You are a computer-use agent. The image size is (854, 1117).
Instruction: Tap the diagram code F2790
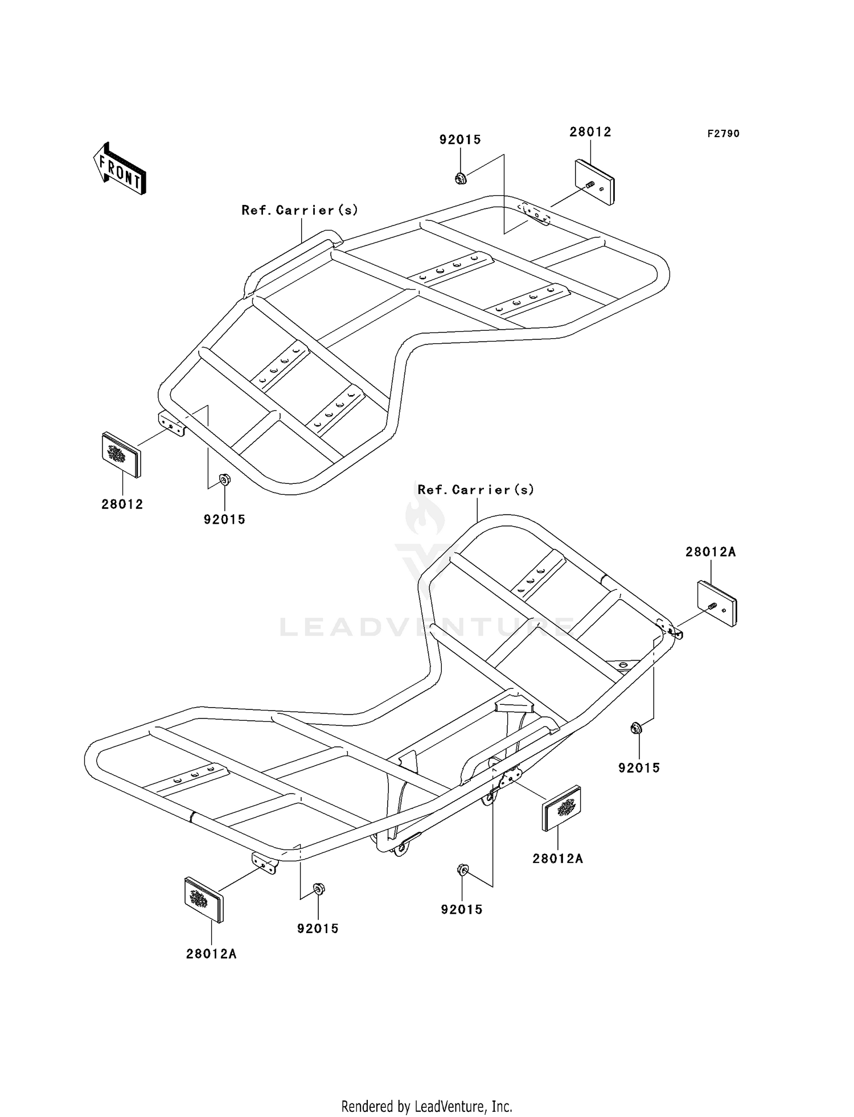(723, 134)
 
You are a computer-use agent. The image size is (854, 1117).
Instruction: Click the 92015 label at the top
(460, 139)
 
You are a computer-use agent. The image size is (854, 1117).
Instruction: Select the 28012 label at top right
(590, 132)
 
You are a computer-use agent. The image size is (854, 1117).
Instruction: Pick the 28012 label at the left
(122, 504)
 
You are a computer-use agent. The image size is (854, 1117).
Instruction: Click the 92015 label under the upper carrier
(225, 519)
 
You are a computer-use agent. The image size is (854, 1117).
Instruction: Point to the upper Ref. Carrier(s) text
(300, 210)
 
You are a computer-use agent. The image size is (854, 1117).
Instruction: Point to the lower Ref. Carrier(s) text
(476, 490)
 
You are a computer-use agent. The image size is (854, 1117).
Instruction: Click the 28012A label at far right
(711, 552)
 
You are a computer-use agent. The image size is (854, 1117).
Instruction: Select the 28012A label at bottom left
(211, 954)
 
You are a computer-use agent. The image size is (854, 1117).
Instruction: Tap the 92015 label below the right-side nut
(639, 768)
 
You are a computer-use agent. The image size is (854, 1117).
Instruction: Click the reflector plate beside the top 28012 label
(594, 182)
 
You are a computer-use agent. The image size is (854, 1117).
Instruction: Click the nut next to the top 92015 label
(461, 179)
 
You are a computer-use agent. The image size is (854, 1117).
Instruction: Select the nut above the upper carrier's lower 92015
(225, 479)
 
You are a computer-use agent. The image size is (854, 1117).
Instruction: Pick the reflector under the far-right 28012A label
(717, 603)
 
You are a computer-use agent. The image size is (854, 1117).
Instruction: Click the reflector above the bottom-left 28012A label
(204, 900)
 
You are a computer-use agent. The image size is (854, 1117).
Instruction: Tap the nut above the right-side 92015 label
(637, 728)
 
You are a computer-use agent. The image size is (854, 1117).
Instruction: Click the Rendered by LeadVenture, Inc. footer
(427, 1106)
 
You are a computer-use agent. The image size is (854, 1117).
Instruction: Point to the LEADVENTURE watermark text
(427, 627)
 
